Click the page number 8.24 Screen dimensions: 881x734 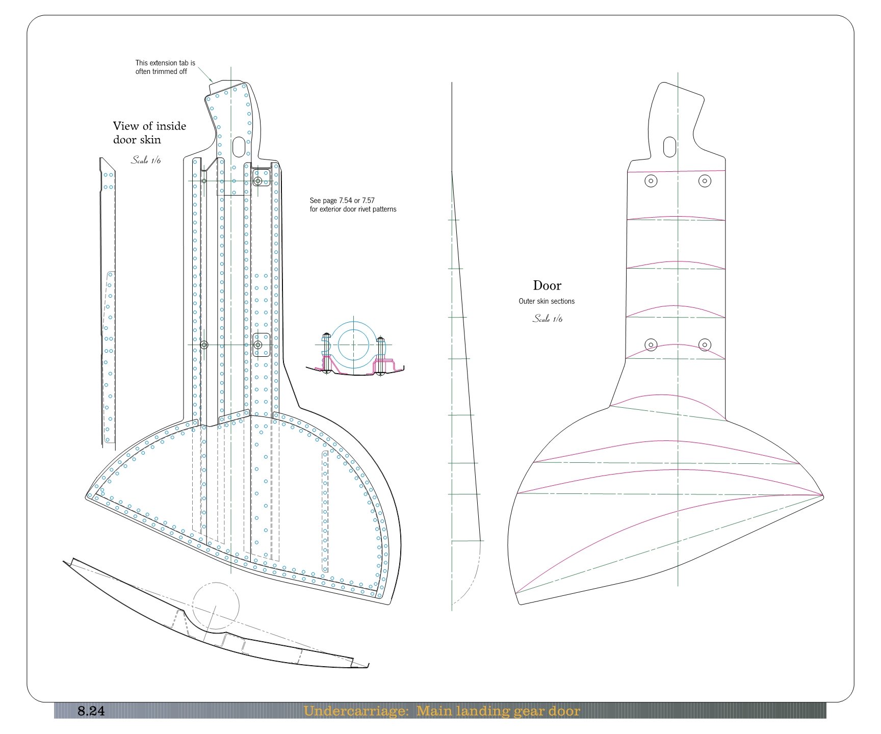pyautogui.click(x=91, y=711)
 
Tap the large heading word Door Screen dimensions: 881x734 pyautogui.click(x=547, y=285)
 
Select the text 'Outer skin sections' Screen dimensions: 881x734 pyautogui.click(x=547, y=301)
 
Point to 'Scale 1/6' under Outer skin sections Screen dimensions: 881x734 pyautogui.click(x=548, y=319)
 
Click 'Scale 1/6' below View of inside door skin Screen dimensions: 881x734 pyautogui.click(x=146, y=160)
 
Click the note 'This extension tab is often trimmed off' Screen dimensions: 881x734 pyautogui.click(x=165, y=67)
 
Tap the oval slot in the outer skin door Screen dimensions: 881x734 pyautogui.click(x=669, y=147)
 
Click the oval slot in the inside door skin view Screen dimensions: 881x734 pyautogui.click(x=238, y=147)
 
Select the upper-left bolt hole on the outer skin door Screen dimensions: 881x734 pyautogui.click(x=651, y=180)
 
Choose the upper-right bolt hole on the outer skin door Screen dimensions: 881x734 pyautogui.click(x=705, y=180)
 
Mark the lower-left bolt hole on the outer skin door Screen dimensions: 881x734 pyautogui.click(x=651, y=345)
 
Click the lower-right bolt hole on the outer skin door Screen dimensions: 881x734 pyautogui.click(x=705, y=345)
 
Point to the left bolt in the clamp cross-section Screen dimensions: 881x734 pyautogui.click(x=327, y=353)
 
